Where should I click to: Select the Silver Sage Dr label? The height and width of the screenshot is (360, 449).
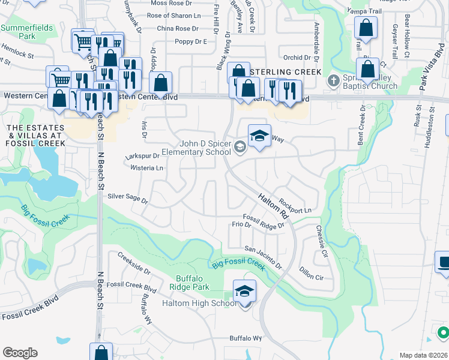127,197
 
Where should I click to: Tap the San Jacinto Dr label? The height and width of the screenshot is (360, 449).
263,256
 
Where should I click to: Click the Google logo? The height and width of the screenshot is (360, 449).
20,352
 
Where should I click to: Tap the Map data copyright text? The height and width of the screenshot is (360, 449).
423,355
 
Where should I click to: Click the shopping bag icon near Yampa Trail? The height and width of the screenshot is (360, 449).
365,28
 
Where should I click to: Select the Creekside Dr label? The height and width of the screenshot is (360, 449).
134,263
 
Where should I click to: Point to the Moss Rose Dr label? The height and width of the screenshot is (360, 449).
175,4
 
